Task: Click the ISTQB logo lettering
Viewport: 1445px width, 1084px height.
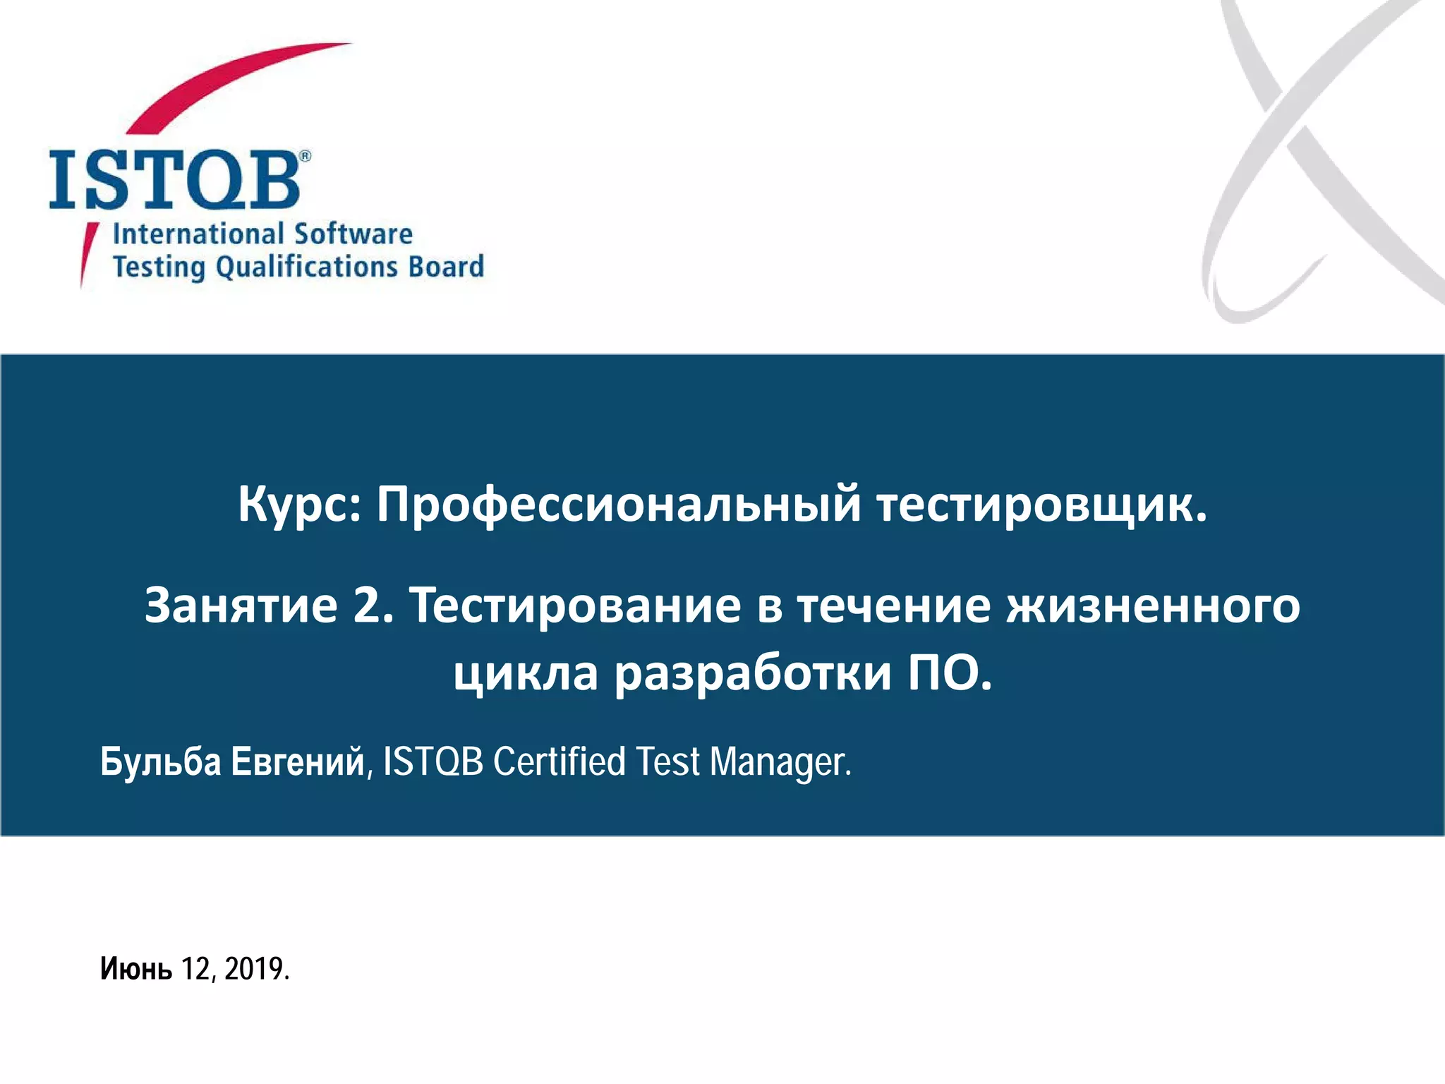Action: click(x=175, y=180)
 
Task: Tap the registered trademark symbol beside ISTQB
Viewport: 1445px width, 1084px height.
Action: click(x=305, y=156)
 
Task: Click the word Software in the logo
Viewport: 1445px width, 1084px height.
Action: click(x=353, y=234)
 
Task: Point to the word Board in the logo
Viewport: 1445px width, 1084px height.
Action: click(x=446, y=267)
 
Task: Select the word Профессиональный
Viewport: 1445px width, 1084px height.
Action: click(x=618, y=505)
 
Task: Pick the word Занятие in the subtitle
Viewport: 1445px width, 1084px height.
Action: click(x=241, y=606)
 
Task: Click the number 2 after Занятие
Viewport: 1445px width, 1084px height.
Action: click(x=370, y=606)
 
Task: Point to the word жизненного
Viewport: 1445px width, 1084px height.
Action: click(x=1153, y=606)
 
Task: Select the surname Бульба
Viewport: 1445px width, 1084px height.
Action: click(x=160, y=762)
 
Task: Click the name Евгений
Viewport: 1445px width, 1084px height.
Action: click(x=298, y=762)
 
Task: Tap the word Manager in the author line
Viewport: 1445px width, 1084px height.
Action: click(x=780, y=762)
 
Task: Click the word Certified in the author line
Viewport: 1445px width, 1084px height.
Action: click(x=559, y=762)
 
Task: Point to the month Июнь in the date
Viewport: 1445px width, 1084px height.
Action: click(x=135, y=969)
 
